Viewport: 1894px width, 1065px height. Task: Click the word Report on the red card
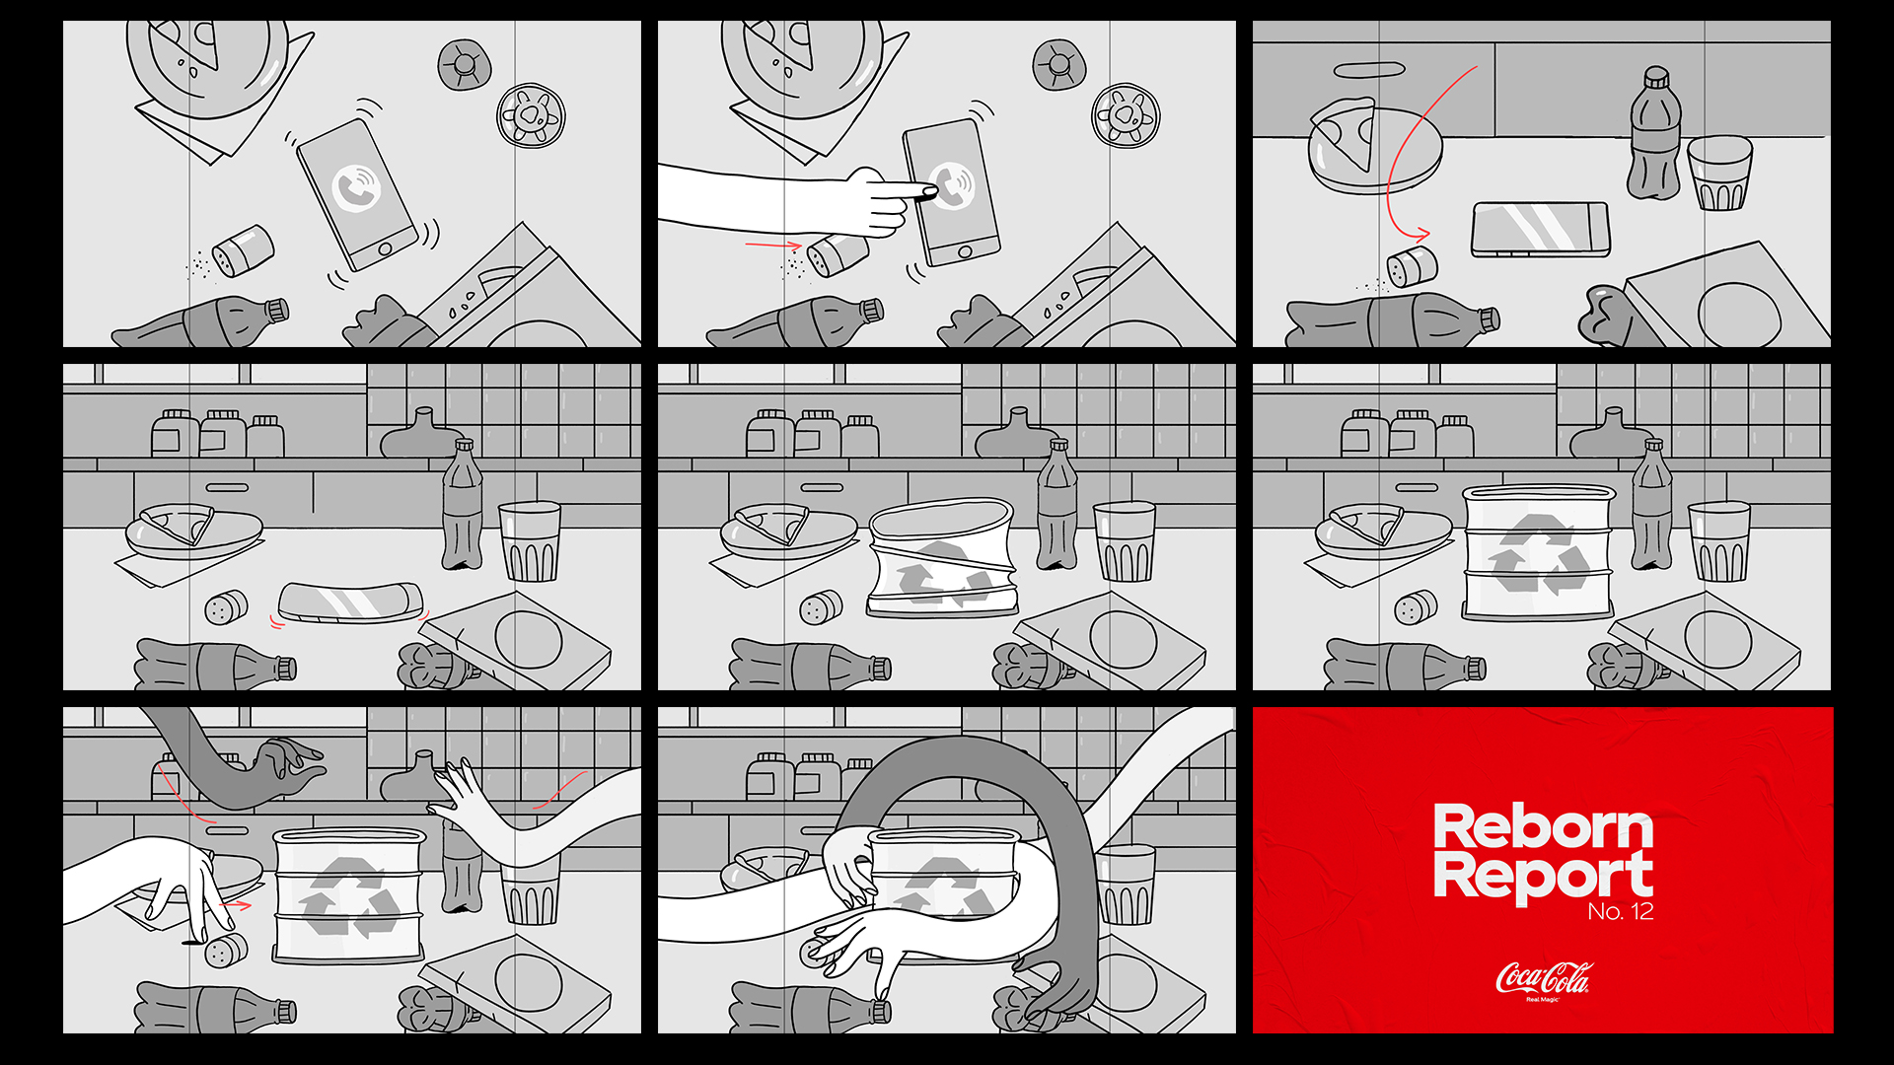coord(1543,877)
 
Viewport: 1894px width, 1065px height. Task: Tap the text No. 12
coord(1621,911)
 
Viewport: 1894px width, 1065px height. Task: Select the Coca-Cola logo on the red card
coord(1544,978)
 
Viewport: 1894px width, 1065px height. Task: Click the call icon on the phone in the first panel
coord(356,187)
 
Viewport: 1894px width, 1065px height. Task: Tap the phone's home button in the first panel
coord(386,248)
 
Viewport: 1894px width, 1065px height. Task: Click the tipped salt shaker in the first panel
coord(242,250)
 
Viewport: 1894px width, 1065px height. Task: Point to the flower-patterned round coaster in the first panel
coord(532,115)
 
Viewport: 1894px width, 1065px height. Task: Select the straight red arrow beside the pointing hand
coord(773,245)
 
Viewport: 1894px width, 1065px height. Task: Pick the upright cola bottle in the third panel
coord(1654,133)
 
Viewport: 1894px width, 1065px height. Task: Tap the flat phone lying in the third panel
coord(1540,230)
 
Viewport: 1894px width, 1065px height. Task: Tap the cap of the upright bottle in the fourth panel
coord(464,447)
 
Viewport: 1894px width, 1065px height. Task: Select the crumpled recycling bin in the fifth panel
coord(941,558)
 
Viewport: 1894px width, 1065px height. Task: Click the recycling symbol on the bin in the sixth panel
coord(1538,555)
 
